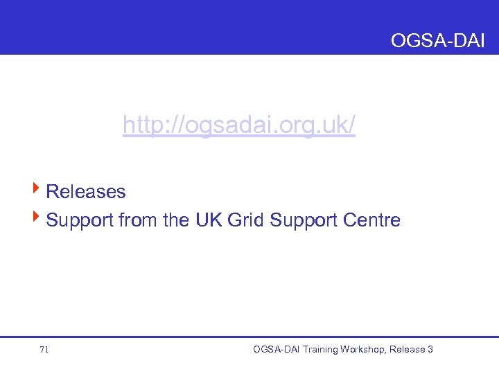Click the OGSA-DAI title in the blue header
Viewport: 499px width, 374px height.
[437, 41]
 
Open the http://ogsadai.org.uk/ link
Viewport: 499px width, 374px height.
[238, 126]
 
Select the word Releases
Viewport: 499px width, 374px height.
[85, 191]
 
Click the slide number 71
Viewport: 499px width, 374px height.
[44, 350]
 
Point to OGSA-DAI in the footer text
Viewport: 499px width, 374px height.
[277, 349]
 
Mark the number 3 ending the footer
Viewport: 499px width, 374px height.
[430, 349]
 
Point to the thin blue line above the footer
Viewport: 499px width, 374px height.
[249, 337]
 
